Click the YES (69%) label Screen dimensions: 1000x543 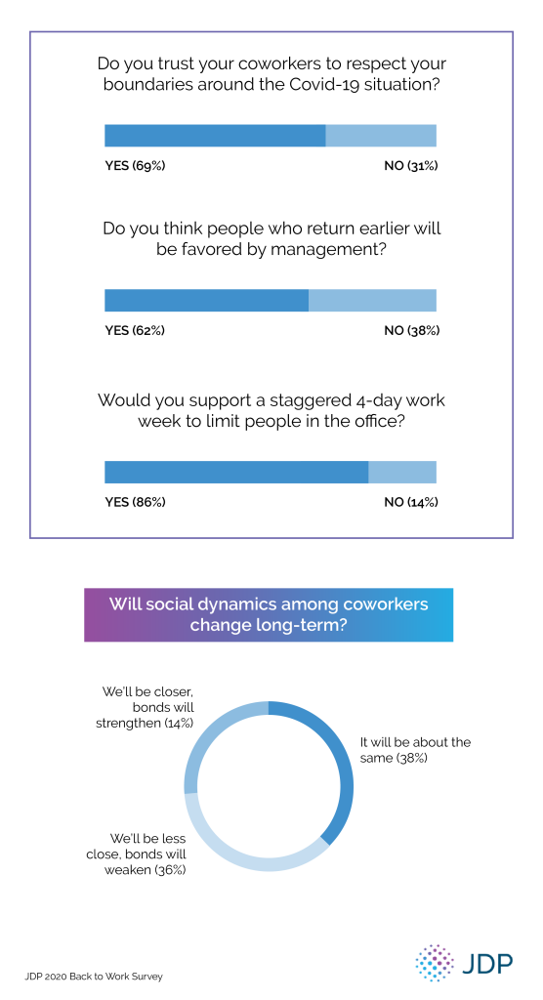[135, 166]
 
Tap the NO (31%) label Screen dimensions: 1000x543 [410, 166]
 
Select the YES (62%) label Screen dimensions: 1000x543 [135, 330]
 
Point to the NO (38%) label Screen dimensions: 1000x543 [411, 330]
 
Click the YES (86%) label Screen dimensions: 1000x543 [135, 502]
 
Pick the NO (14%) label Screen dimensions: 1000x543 [410, 502]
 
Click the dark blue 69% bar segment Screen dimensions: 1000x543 [215, 136]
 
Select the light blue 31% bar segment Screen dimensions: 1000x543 [381, 136]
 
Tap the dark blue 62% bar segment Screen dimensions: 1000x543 [206, 300]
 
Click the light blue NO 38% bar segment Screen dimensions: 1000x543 [372, 300]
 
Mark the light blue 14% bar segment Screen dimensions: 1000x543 [402, 472]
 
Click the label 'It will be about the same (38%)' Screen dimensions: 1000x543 [415, 750]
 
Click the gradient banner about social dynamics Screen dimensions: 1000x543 [269, 614]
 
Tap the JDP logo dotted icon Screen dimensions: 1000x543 [435, 962]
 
